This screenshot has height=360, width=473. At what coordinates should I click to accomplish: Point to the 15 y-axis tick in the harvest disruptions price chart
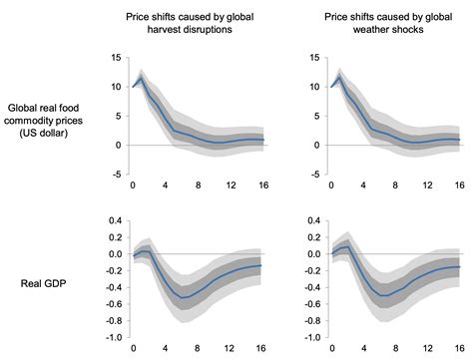click(116, 57)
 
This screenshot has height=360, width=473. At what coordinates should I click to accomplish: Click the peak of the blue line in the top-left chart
click(142, 77)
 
